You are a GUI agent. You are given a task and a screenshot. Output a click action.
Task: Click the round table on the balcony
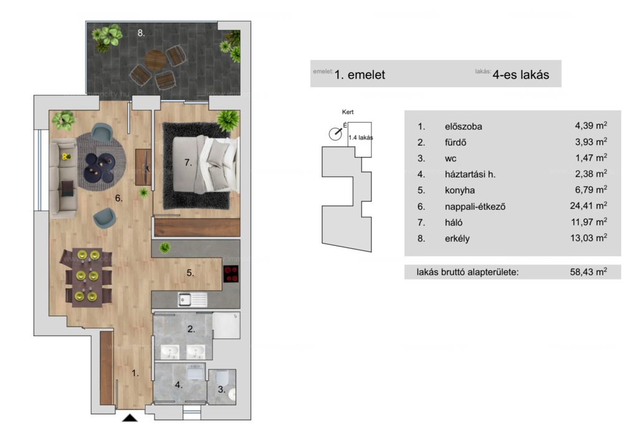[155, 60]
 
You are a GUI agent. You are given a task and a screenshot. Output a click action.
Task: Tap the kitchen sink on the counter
[193, 300]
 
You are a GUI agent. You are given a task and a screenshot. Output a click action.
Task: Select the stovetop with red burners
[231, 273]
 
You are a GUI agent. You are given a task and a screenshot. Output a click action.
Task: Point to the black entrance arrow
[130, 418]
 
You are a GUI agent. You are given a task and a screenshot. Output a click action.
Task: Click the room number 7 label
[188, 162]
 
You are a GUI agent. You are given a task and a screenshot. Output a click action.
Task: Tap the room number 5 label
[191, 273]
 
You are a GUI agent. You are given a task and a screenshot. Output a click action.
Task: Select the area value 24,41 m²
[588, 205]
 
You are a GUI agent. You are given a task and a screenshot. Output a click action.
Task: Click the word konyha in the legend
[460, 190]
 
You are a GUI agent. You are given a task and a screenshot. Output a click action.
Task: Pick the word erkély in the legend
[457, 238]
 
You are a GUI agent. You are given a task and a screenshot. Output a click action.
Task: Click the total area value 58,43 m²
[588, 271]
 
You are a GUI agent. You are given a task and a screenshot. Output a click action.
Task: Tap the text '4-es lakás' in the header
[521, 75]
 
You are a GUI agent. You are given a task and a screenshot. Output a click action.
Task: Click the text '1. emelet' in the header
[359, 75]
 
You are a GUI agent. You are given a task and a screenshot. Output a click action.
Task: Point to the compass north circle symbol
[335, 134]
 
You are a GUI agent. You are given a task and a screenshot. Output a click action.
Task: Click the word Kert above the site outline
[348, 112]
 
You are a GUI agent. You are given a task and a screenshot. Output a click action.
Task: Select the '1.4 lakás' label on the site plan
[361, 138]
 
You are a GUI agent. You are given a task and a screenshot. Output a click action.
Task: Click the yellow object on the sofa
[66, 156]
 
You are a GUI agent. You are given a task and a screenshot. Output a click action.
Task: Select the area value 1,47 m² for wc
[591, 157]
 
